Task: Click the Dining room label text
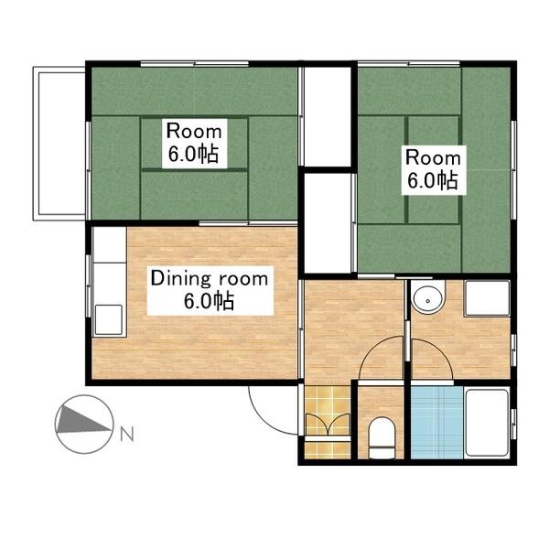click(210, 279)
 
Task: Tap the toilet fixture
click(382, 437)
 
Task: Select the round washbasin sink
click(427, 300)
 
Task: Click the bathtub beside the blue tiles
click(487, 423)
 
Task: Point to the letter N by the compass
click(127, 434)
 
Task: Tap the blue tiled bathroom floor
click(437, 422)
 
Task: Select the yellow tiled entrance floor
click(328, 422)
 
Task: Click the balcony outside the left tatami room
click(59, 144)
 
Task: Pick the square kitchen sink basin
click(109, 319)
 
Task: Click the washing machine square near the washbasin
click(487, 298)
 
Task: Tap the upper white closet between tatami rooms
click(328, 116)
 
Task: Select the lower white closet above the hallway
click(328, 223)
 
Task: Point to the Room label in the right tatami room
click(433, 158)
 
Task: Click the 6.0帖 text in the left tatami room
click(194, 154)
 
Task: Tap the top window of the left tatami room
click(195, 64)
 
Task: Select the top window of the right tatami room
click(409, 64)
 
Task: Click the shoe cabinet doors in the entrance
click(328, 425)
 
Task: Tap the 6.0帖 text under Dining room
click(210, 301)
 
